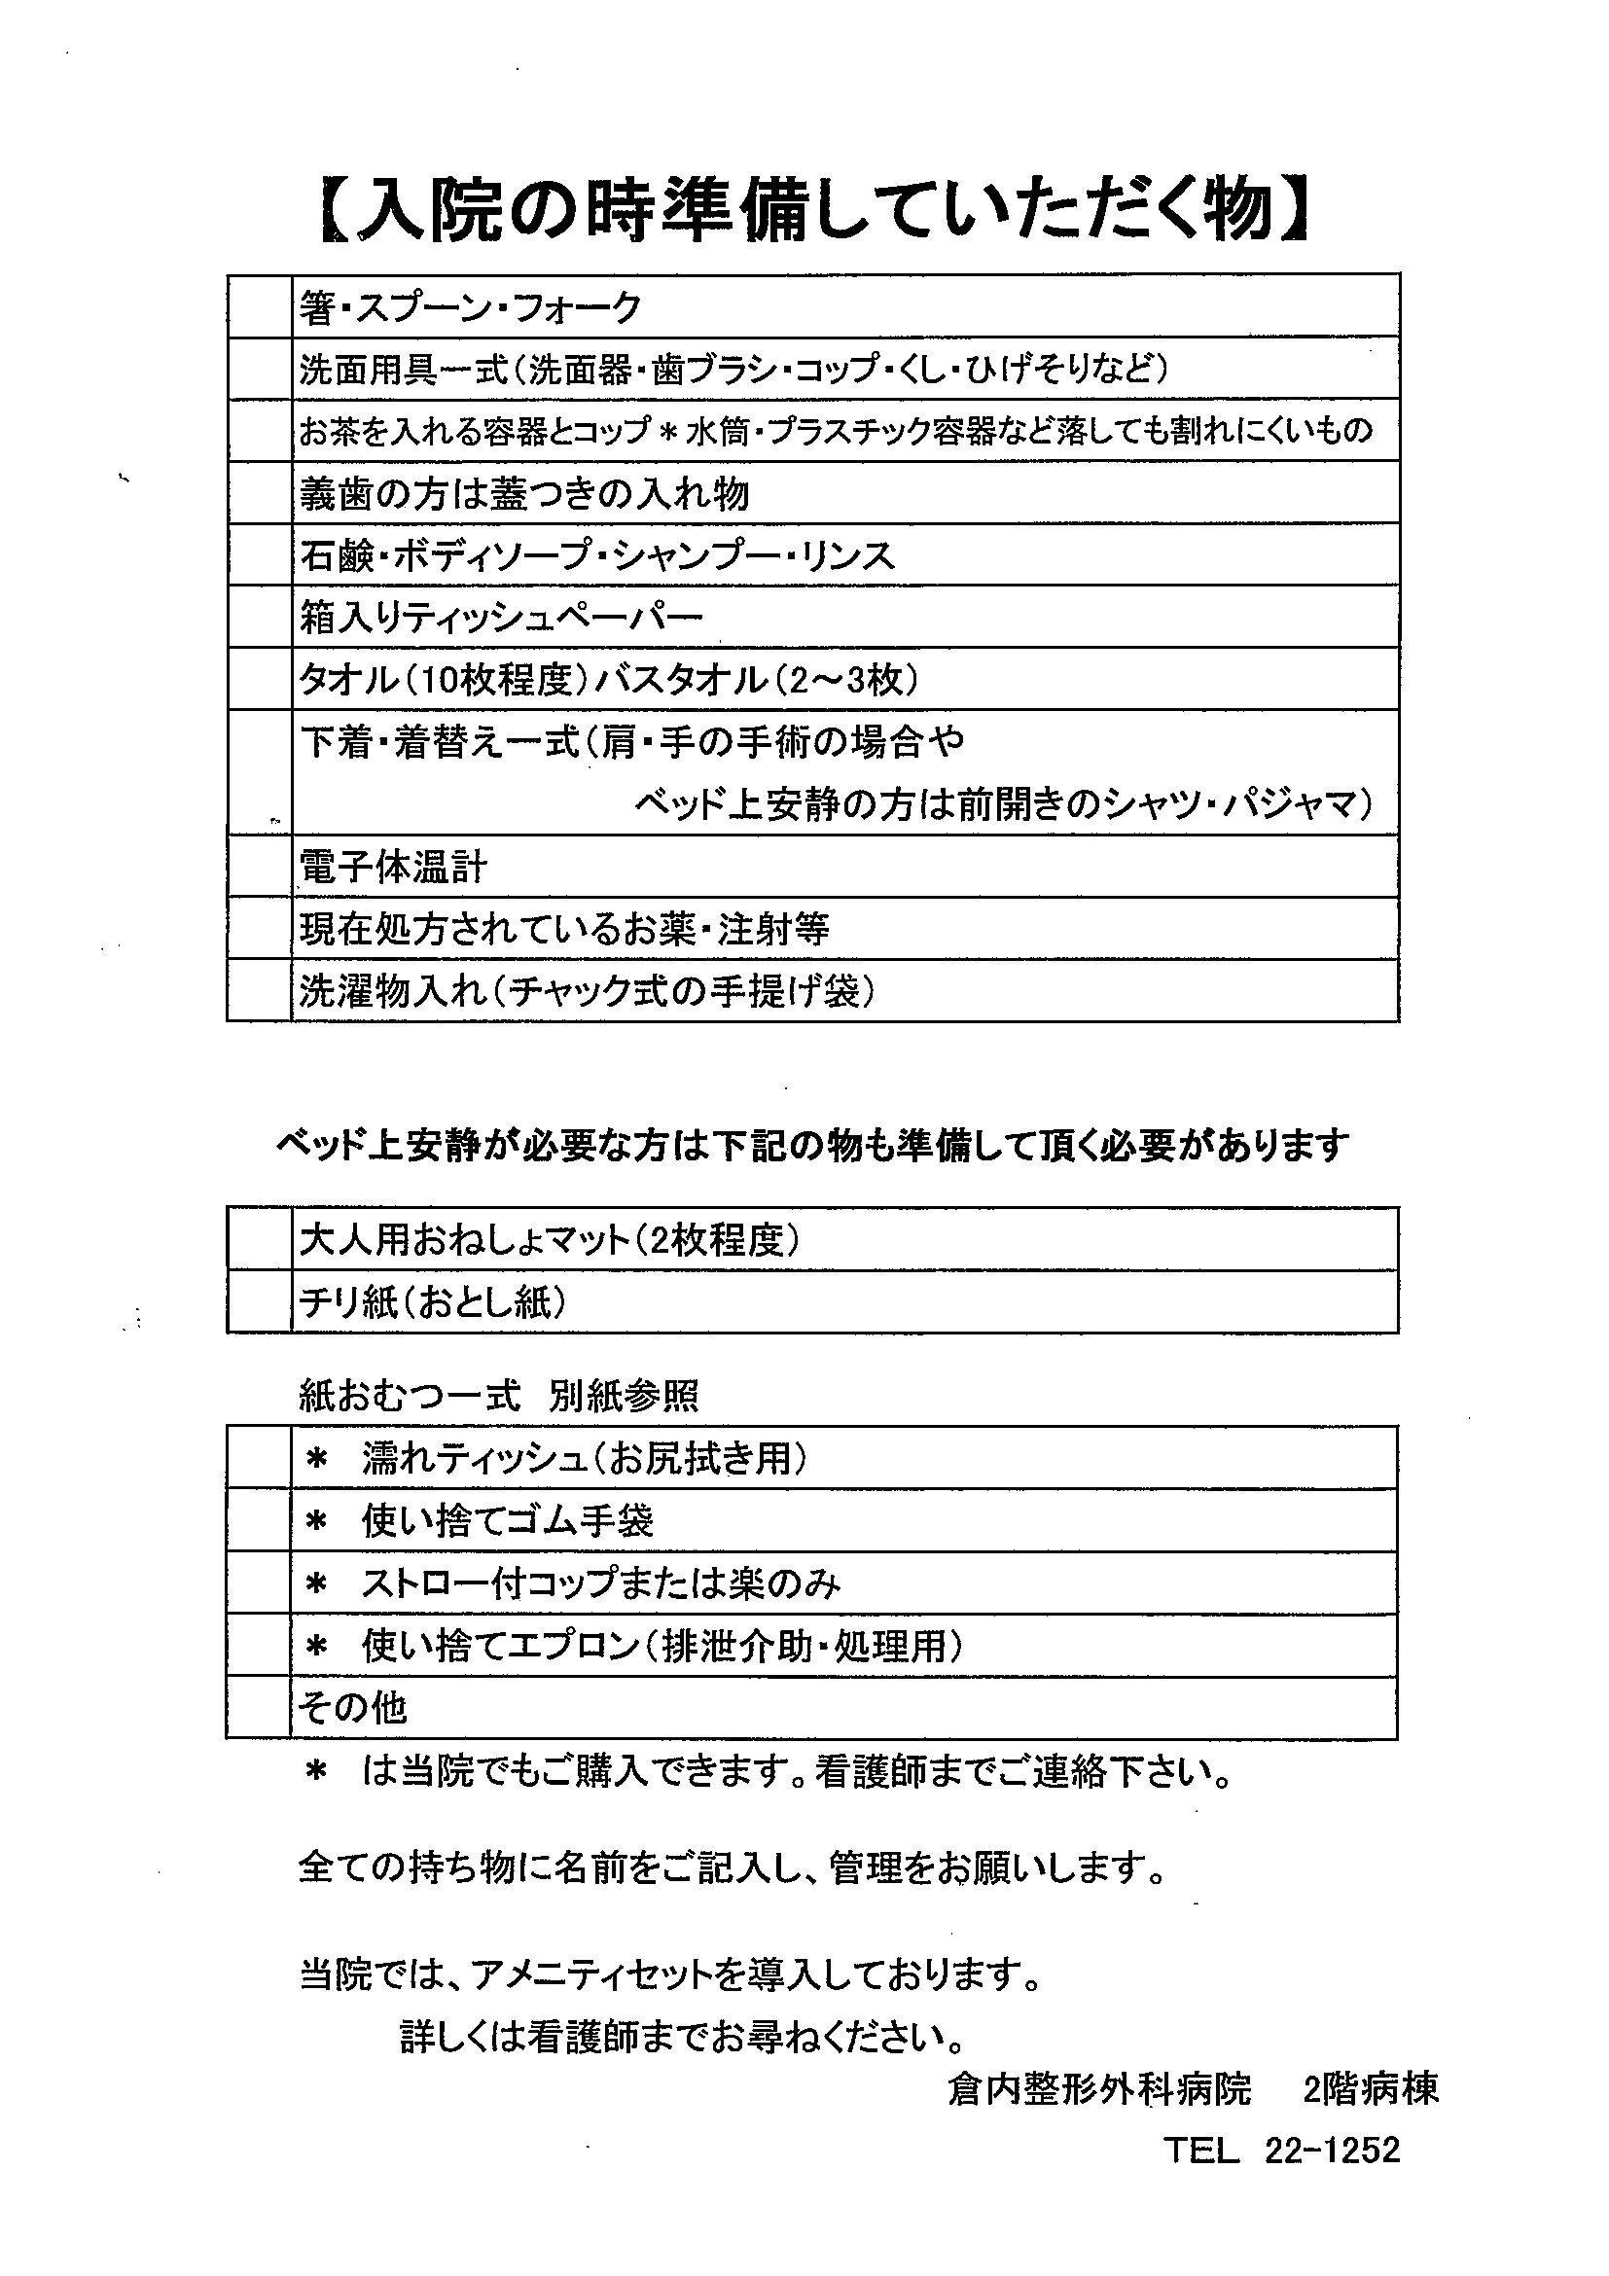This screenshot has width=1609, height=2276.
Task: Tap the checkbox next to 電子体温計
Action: (x=259, y=868)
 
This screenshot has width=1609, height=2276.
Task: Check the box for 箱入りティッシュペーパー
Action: (x=259, y=618)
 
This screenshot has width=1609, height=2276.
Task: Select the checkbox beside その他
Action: (x=259, y=1708)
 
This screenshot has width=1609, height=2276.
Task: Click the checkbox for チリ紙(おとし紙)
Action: (x=259, y=1302)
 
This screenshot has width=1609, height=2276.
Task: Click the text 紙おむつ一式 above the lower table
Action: (x=410, y=1397)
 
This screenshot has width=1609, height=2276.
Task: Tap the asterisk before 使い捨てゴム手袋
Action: (x=316, y=1521)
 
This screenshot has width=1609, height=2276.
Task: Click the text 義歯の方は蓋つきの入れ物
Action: (x=523, y=494)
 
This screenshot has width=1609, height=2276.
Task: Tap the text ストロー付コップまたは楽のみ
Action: (x=600, y=1584)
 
